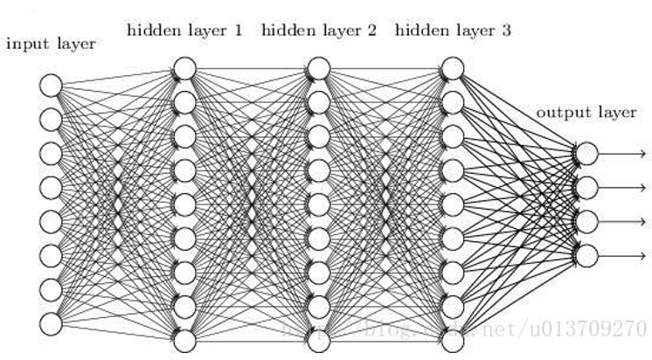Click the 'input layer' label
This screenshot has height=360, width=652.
51,43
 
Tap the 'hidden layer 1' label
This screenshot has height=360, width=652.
184,31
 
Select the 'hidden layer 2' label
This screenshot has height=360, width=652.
318,31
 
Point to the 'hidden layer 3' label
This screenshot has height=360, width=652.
453,31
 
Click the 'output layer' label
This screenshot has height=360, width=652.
586,113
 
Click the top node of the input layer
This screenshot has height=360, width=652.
51,85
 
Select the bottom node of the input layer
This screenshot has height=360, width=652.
51,323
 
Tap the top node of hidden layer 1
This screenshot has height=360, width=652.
184,68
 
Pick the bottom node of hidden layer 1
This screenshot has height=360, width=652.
184,340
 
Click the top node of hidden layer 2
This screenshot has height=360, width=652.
318,68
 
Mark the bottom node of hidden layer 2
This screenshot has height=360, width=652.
318,340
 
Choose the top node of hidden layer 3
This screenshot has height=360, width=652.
453,68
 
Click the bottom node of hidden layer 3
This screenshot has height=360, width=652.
453,340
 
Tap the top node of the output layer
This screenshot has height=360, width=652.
586,154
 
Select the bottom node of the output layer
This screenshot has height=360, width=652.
586,255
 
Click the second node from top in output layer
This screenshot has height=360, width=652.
586,187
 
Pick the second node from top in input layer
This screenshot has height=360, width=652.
51,119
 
